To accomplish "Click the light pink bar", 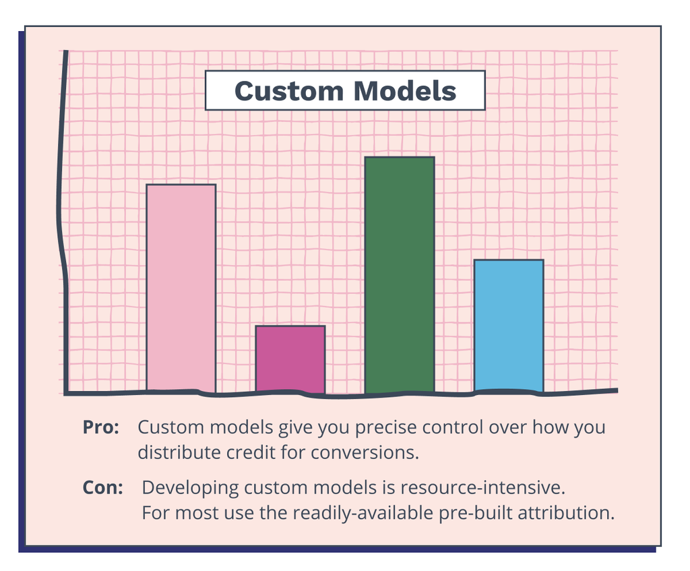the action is (x=181, y=288).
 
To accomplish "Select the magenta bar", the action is (x=290, y=359).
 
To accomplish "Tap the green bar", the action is (x=400, y=275).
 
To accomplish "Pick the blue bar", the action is (x=509, y=326).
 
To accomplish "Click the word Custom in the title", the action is (x=288, y=91).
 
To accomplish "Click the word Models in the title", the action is (x=405, y=91).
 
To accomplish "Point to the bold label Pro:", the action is (x=101, y=427).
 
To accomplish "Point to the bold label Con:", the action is (x=103, y=487).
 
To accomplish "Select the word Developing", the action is (x=190, y=488).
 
